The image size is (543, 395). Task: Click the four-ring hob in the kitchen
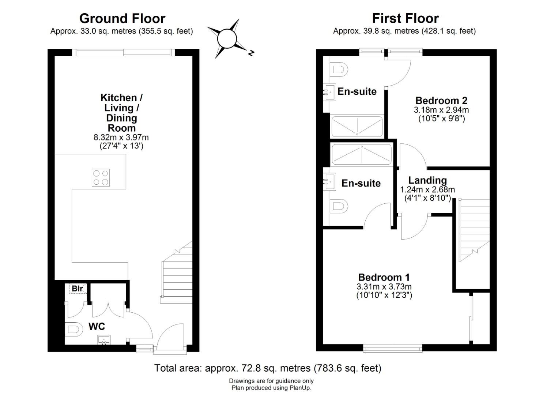point(101,178)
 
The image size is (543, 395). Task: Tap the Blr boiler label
point(78,289)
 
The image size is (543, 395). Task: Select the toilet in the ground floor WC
point(72,329)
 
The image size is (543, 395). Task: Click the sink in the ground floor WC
point(104,339)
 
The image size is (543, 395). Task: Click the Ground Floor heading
point(122,18)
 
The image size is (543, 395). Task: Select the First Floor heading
point(406,18)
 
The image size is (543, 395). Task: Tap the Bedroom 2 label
point(441,100)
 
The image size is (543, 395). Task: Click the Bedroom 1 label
point(384,277)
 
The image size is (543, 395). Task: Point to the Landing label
point(427,180)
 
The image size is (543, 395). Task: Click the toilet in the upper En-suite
point(339,70)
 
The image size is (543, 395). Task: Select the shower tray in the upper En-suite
point(357,126)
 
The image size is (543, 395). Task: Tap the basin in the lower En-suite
point(330,181)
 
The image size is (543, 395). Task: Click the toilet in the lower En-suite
point(339,207)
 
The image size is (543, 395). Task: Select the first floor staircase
point(474,230)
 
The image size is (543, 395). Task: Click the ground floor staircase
point(176,272)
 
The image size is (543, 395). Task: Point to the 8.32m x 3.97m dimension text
point(121,138)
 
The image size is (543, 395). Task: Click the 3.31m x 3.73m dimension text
point(384,287)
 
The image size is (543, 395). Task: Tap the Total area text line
point(268,368)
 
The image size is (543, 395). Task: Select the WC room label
point(97,326)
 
